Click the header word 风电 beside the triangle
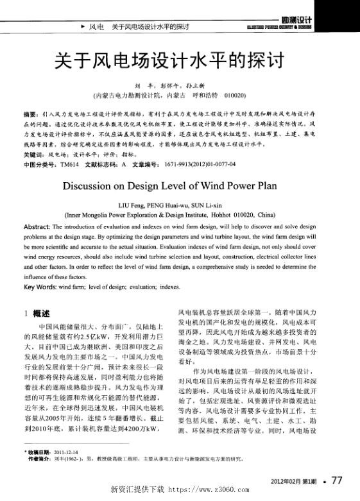click(96, 27)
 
